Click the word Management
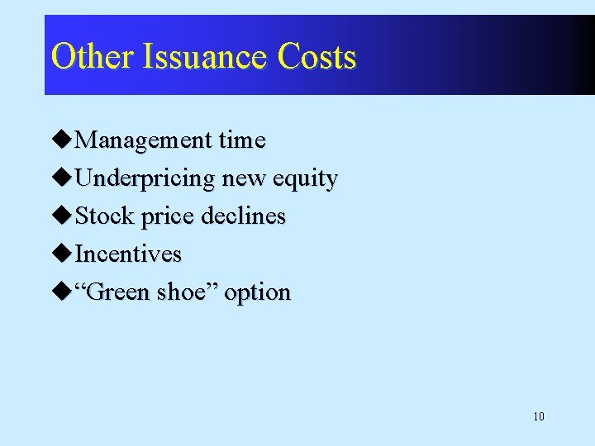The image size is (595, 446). tap(143, 141)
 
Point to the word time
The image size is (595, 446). tap(241, 140)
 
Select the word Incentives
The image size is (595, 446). tap(128, 254)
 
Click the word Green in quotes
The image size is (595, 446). tap(121, 292)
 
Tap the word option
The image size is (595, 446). tap(258, 293)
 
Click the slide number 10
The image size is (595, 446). tap(539, 416)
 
